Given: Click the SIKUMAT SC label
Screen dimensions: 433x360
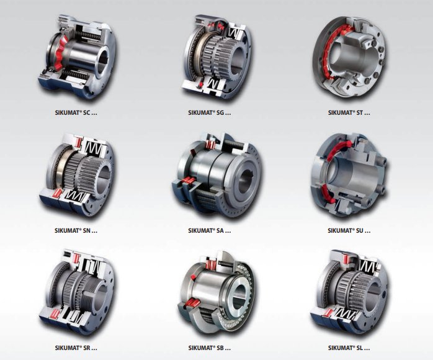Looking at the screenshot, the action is coord(76,113).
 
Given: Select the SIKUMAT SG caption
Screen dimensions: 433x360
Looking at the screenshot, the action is coord(209,113).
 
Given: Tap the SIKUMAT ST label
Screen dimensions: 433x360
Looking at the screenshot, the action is coord(349,113).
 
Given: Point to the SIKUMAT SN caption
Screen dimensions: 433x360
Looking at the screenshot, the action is coord(76,230).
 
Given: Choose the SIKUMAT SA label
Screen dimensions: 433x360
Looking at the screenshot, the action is coord(209,230).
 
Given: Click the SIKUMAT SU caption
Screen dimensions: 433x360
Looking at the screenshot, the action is coord(349,230).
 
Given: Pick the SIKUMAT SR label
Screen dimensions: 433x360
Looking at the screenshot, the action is coord(76,348).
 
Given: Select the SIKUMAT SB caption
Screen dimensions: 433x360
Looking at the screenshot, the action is coord(209,348).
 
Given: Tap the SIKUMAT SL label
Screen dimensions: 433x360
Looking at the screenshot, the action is coord(349,348).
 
